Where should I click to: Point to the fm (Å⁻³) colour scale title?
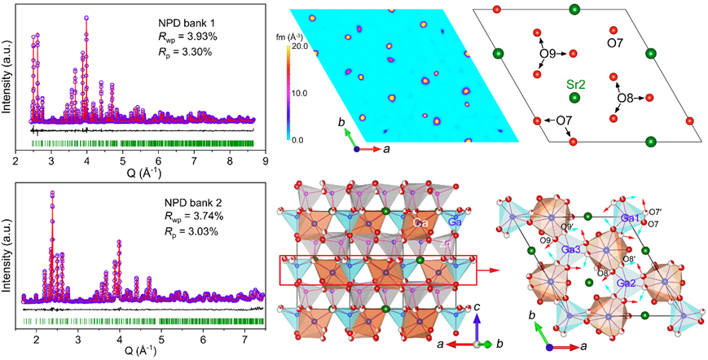point(294,36)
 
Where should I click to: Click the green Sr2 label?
point(574,82)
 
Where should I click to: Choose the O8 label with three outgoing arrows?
point(625,98)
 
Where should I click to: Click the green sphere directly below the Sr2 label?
point(575,98)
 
